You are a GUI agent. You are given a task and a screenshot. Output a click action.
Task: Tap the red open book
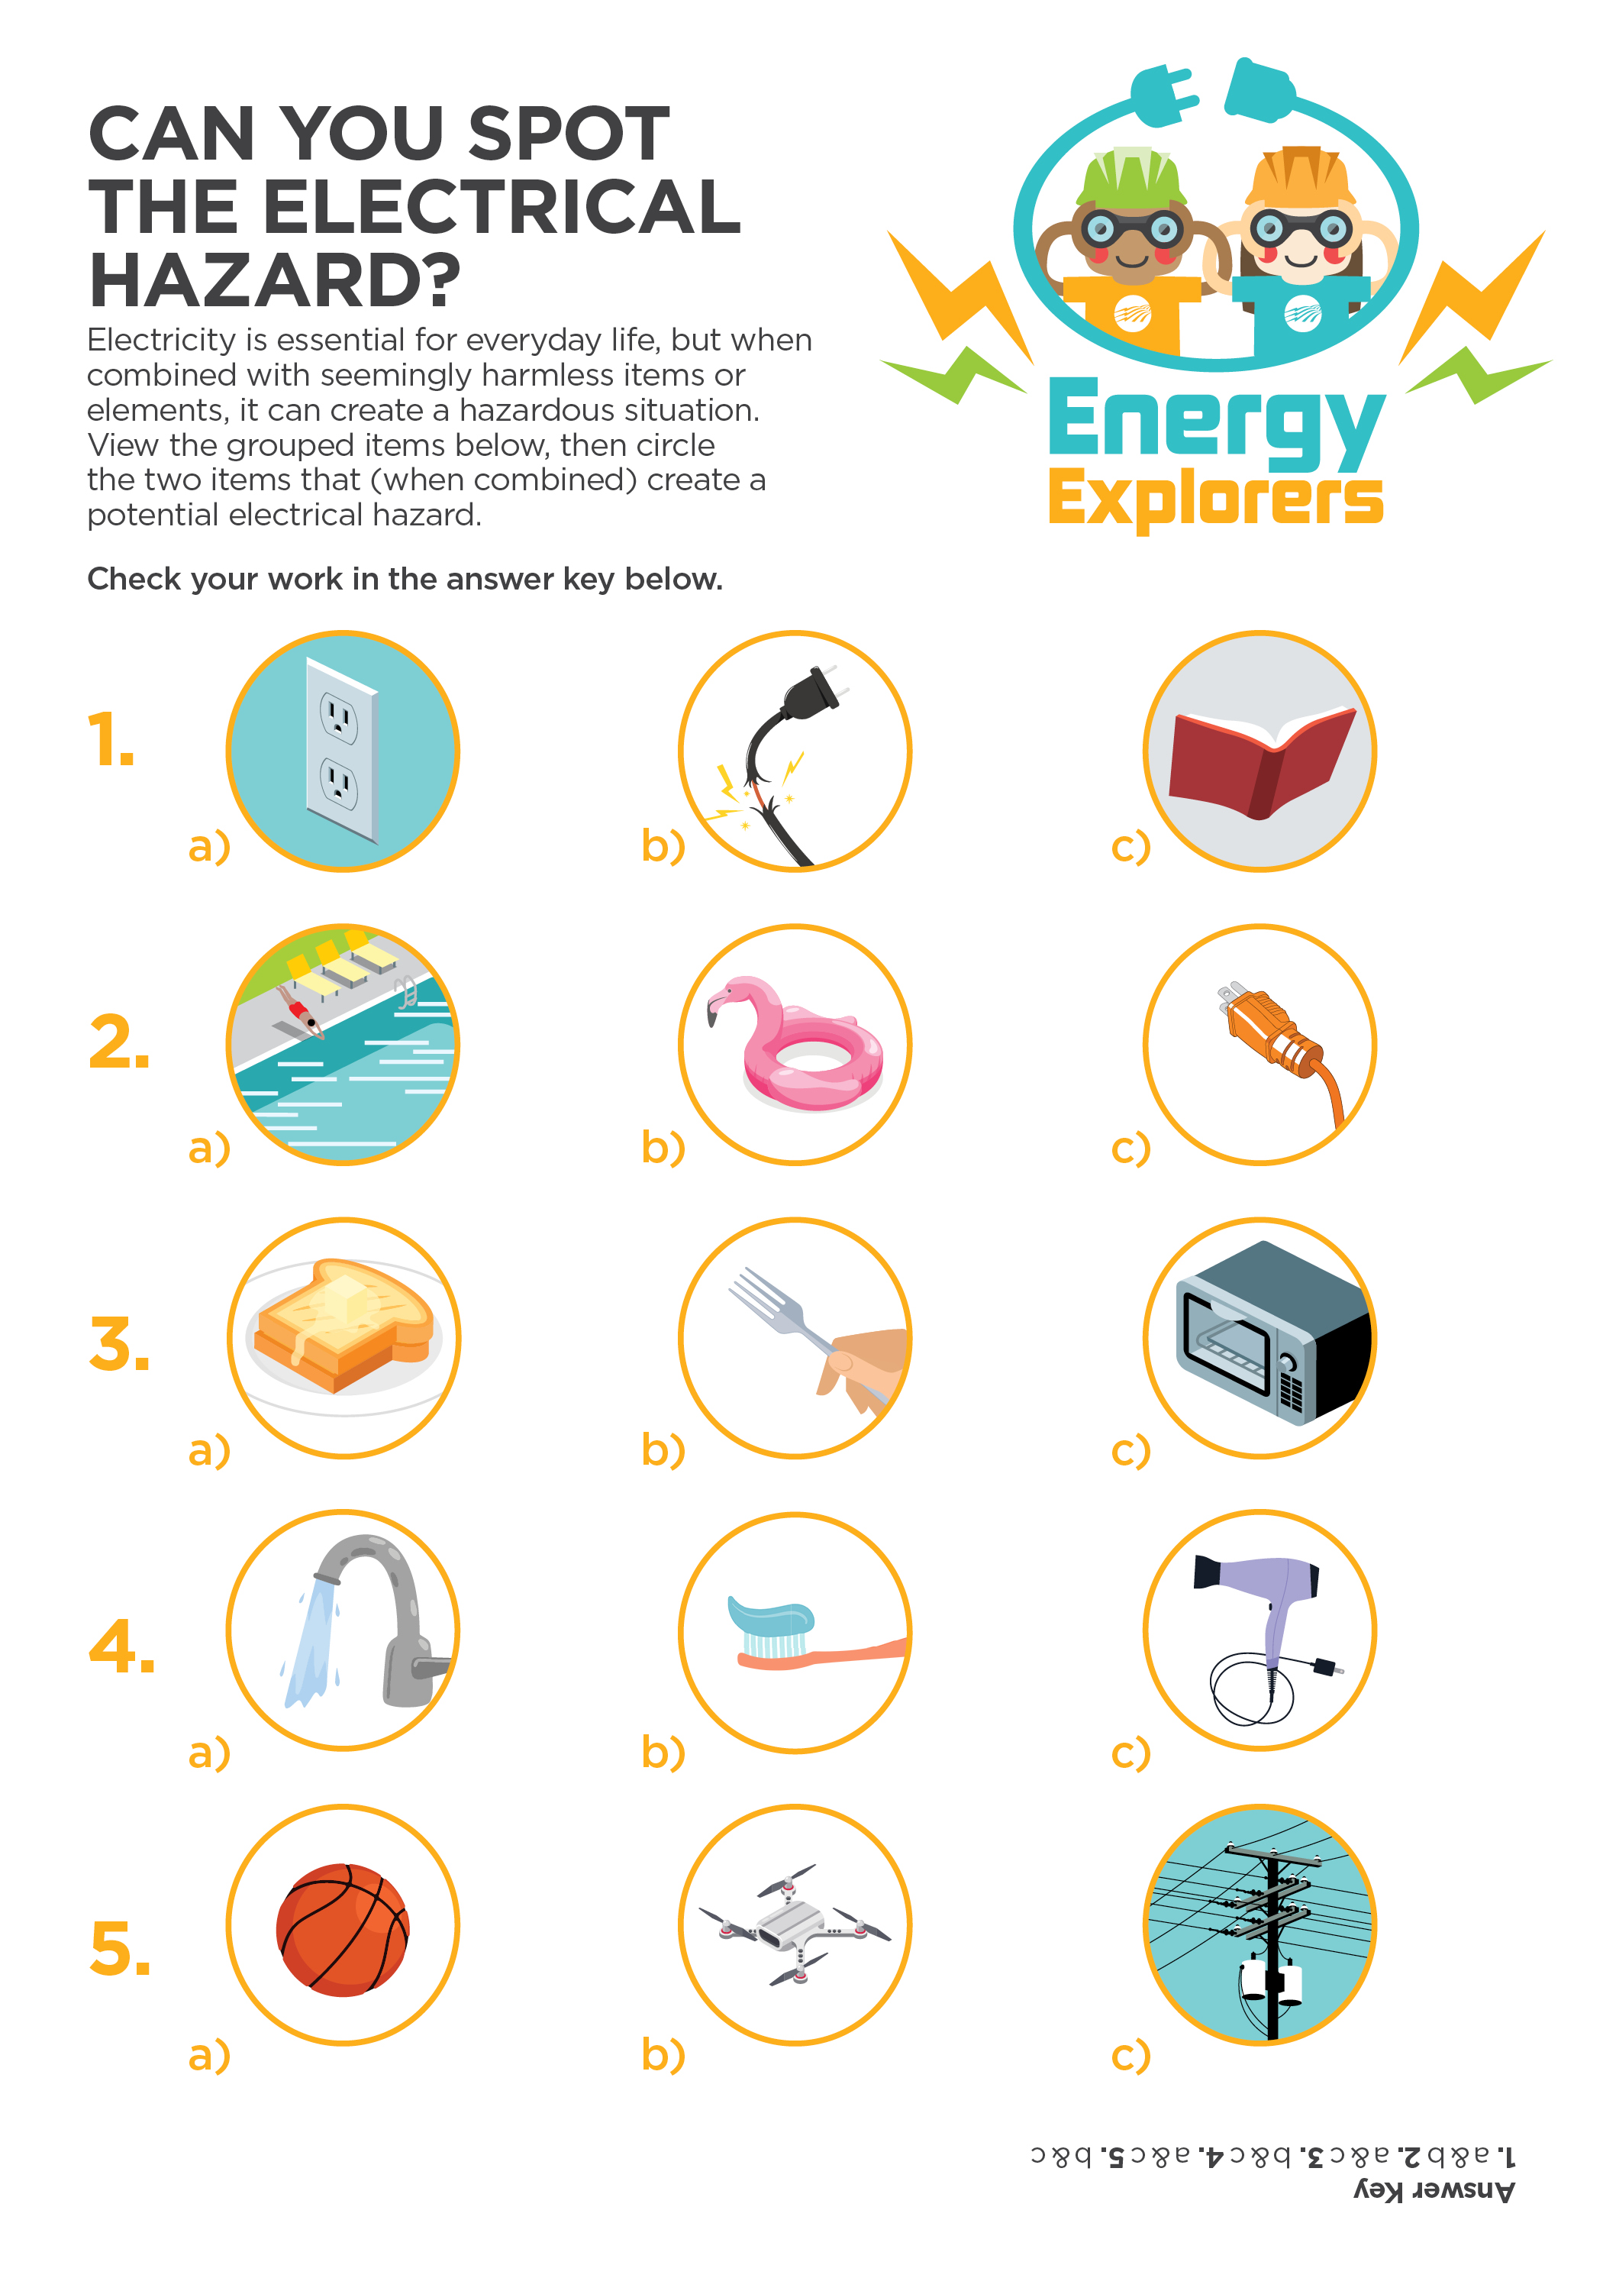1262,761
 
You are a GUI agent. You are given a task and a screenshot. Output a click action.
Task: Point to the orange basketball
342,1930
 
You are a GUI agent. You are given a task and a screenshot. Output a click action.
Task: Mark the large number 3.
119,1344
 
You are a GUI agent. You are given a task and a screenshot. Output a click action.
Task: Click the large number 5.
120,1948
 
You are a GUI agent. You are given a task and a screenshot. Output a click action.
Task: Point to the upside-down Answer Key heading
1434,2191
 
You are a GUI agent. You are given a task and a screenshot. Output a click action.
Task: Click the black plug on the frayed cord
812,690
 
